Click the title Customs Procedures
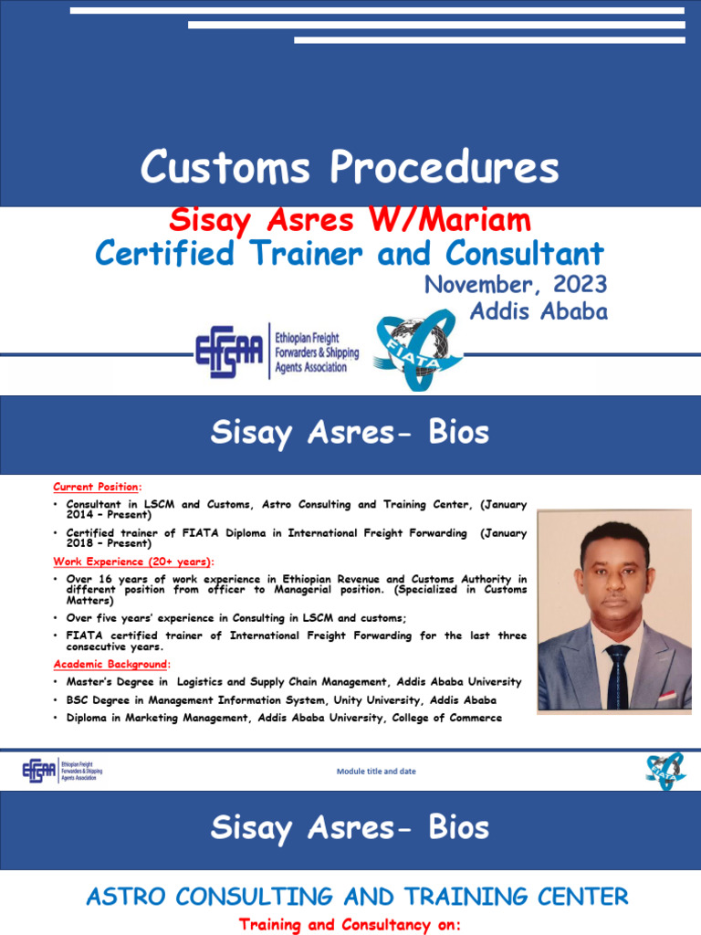(350, 168)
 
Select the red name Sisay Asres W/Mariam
(350, 220)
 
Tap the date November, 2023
(516, 284)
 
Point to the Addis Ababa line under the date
(538, 311)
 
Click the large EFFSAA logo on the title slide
(228, 352)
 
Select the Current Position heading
(97, 488)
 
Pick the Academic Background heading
(110, 664)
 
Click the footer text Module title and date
(376, 772)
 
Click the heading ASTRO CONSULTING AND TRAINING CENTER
(357, 897)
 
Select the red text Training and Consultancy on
(350, 925)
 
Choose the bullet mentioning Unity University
(281, 700)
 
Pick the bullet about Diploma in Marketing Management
(284, 718)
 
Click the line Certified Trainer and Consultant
(350, 253)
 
